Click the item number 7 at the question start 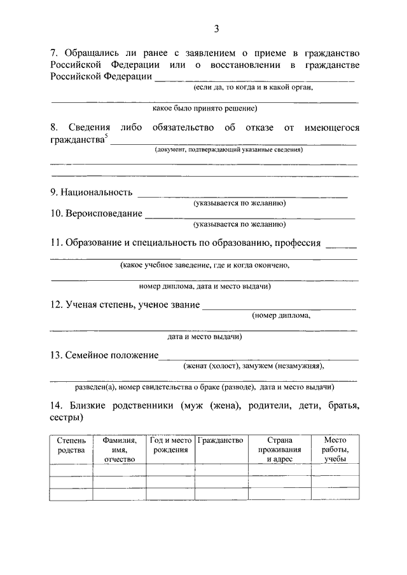click(x=53, y=53)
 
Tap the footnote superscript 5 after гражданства click(x=106, y=136)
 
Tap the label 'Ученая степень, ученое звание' click(x=132, y=305)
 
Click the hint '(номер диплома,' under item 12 click(x=281, y=315)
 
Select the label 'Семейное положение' click(x=111, y=355)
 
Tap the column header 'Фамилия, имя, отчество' click(x=120, y=449)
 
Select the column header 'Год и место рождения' click(x=170, y=445)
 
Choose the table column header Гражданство click(x=221, y=440)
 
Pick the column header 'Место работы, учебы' click(x=334, y=449)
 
